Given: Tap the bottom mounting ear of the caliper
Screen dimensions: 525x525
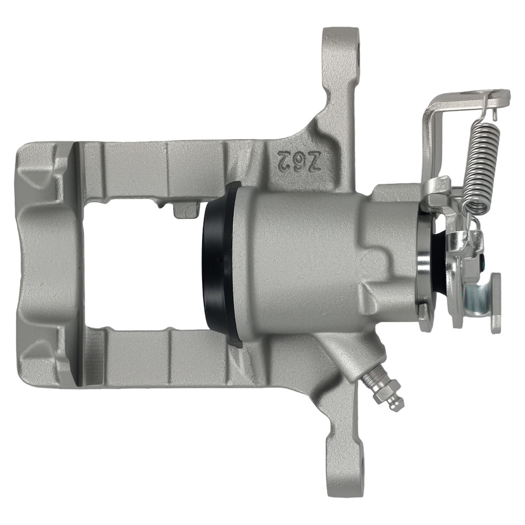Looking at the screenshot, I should click(x=344, y=462).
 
